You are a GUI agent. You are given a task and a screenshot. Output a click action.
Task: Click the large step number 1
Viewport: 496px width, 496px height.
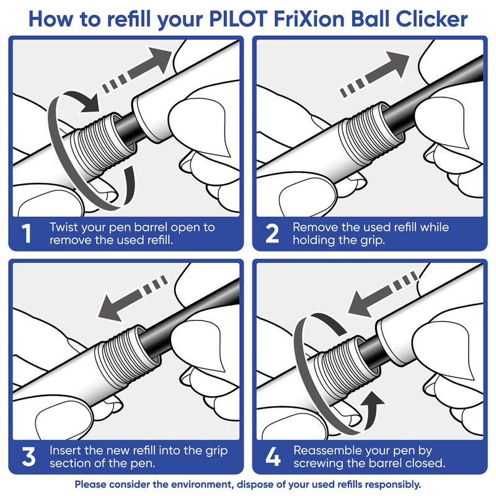(26, 234)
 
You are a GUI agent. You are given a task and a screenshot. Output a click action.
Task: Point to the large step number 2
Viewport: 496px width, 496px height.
(272, 234)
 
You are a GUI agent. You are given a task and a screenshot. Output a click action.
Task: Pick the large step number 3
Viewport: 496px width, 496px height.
(28, 458)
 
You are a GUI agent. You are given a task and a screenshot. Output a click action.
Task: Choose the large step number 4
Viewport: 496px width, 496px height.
(273, 458)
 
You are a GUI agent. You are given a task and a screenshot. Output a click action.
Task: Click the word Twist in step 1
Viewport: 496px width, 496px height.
(65, 227)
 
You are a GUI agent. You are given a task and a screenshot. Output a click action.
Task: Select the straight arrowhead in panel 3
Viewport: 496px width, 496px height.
(112, 308)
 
